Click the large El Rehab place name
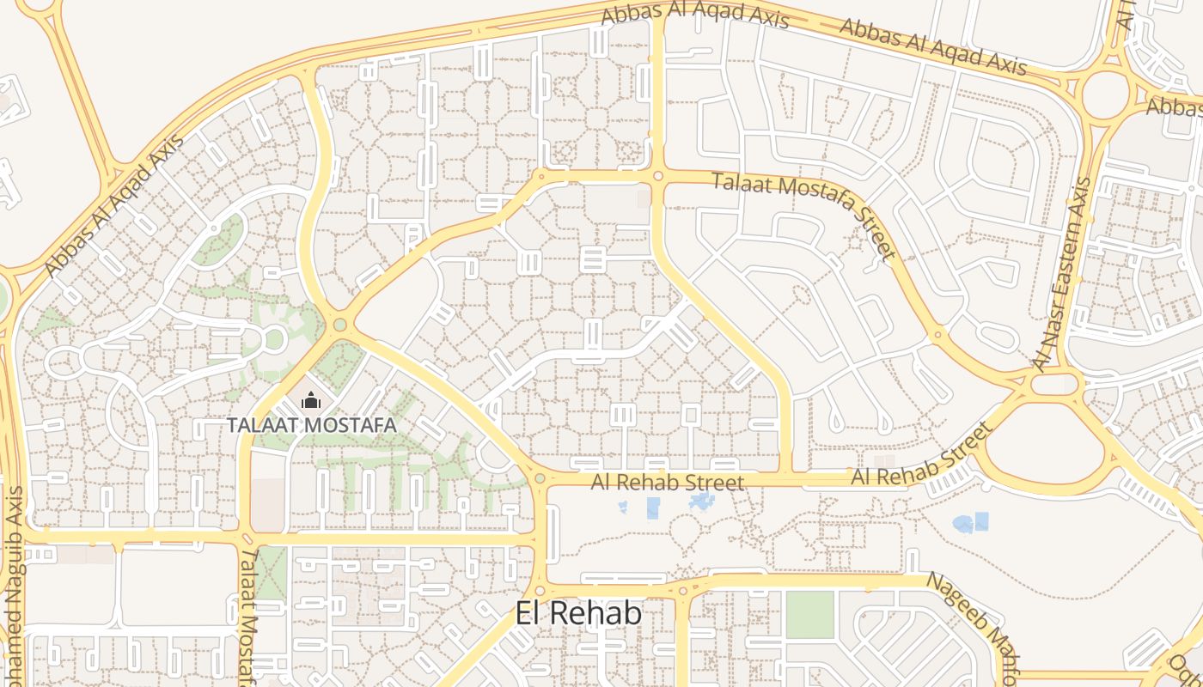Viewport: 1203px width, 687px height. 578,613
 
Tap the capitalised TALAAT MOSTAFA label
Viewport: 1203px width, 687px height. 311,424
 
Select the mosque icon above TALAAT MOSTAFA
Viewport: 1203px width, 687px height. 310,400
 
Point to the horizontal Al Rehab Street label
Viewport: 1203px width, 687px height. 668,483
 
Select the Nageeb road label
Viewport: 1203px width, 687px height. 972,622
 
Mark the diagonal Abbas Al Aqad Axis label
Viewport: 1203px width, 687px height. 114,207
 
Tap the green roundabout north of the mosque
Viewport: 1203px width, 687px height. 340,325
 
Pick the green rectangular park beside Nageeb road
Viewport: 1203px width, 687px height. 809,615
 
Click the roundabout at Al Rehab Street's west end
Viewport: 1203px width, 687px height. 540,479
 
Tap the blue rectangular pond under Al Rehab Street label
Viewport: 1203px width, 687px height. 653,508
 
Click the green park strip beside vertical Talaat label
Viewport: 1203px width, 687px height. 272,574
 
